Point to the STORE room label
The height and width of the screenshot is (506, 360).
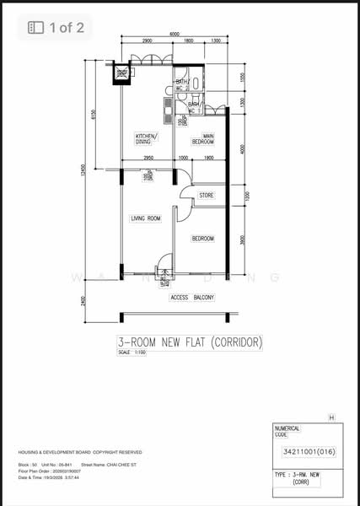pyautogui.click(x=206, y=196)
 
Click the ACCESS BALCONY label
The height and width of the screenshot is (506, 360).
pyautogui.click(x=192, y=298)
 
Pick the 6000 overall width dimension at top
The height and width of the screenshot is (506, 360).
pyautogui.click(x=174, y=35)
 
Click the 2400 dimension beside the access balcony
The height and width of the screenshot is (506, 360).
pyautogui.click(x=83, y=300)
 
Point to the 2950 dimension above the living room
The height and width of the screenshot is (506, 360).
pyautogui.click(x=148, y=158)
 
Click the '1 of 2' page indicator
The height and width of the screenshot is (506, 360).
pyautogui.click(x=56, y=28)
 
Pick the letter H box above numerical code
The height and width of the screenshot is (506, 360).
pyautogui.click(x=331, y=417)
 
